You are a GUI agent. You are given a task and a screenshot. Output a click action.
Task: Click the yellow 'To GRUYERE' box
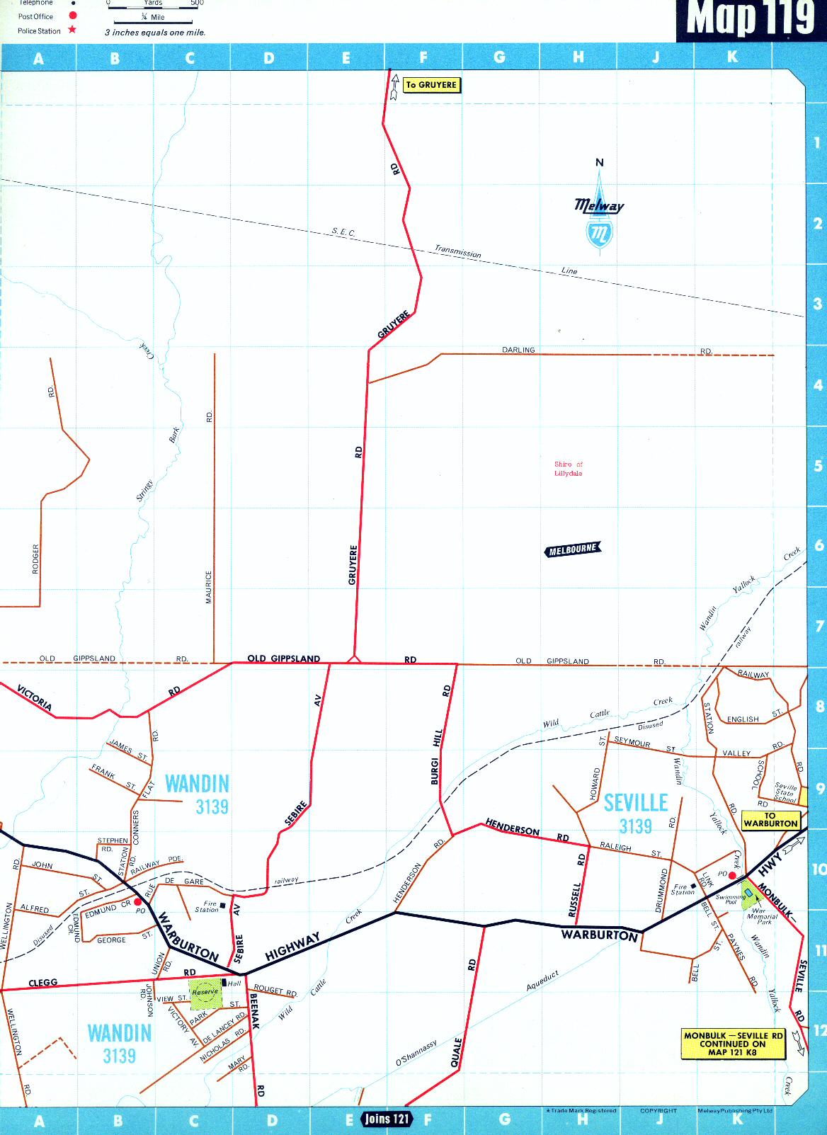(x=431, y=85)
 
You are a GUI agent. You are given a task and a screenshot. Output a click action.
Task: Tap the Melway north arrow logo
(x=599, y=210)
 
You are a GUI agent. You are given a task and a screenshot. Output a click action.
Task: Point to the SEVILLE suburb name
(x=636, y=803)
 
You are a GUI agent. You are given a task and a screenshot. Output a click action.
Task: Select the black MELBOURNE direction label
(x=574, y=549)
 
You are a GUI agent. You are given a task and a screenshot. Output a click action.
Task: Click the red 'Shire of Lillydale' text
(x=568, y=469)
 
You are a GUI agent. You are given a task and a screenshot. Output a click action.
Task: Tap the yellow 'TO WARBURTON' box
(x=770, y=820)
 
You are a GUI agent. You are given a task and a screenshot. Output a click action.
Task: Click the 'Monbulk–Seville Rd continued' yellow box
(x=734, y=1044)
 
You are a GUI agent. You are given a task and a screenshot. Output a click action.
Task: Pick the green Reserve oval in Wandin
(x=205, y=992)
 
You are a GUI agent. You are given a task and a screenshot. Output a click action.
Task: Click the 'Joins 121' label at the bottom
(x=387, y=1119)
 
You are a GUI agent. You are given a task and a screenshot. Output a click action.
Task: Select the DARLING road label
(x=518, y=350)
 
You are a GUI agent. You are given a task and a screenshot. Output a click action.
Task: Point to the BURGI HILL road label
(x=436, y=756)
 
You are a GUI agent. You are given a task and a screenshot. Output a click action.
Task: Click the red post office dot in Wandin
(x=138, y=902)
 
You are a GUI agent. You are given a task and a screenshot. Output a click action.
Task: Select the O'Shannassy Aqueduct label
(x=416, y=1053)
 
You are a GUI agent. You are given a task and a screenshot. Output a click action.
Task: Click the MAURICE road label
(x=209, y=587)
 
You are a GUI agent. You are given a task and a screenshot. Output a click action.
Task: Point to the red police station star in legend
(x=72, y=30)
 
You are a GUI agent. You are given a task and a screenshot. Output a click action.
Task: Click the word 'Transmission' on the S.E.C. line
(x=457, y=251)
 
